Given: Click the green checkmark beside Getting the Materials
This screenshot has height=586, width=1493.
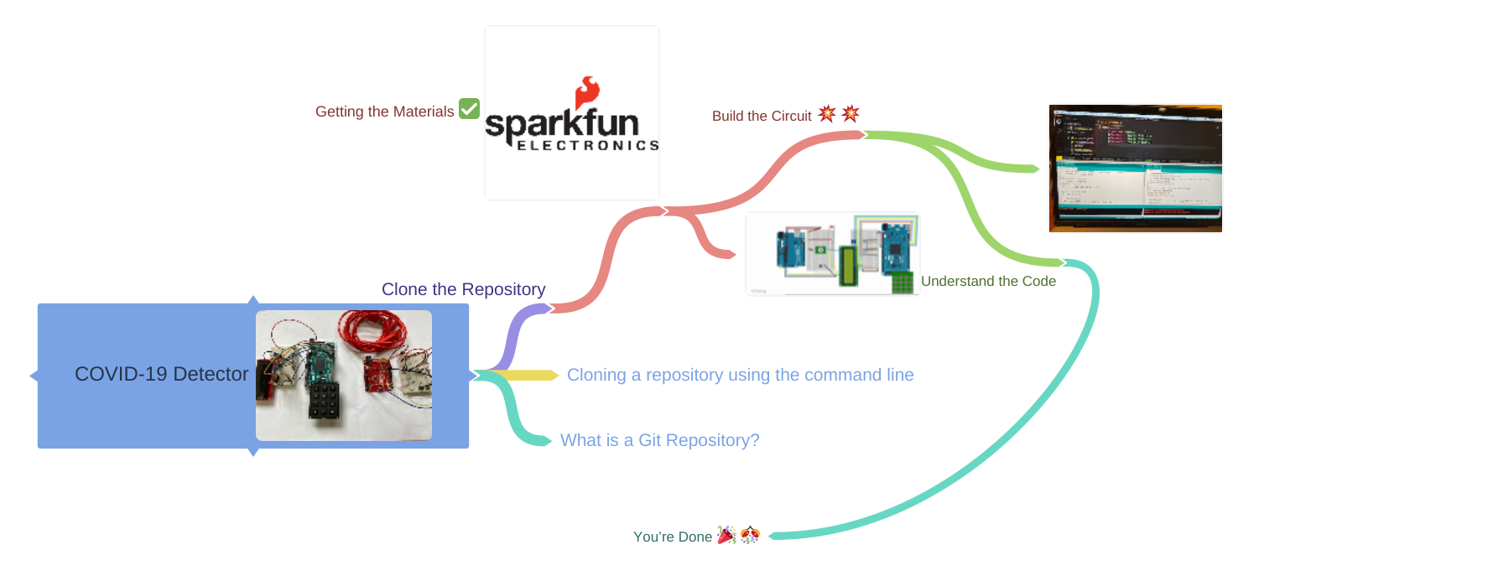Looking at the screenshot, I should [469, 109].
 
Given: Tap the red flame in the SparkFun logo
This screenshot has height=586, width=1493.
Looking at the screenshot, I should [587, 92].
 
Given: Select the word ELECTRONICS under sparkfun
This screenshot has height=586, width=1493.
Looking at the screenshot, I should [587, 146].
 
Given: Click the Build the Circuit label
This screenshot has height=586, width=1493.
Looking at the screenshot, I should [762, 117].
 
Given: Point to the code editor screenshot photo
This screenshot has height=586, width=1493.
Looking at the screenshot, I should [1135, 168].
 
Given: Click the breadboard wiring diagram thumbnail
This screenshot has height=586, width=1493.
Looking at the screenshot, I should [832, 253].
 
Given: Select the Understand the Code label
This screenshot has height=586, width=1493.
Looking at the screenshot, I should [988, 282].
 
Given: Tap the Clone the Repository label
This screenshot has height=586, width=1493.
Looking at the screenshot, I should [463, 289].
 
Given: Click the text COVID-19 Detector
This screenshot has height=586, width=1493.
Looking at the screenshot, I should [161, 374].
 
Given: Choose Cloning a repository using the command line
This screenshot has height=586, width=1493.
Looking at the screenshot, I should [740, 375].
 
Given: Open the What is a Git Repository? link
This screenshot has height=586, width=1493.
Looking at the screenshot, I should [659, 440].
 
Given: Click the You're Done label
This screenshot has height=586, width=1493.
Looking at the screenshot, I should [672, 537].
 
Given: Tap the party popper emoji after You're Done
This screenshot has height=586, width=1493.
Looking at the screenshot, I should [726, 535].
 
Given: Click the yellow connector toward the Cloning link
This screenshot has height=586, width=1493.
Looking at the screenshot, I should [528, 375].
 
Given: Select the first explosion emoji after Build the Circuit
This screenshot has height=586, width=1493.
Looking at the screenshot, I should [827, 113].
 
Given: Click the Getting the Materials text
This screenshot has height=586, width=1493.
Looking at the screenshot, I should [384, 111].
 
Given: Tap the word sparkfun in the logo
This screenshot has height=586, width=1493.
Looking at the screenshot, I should [562, 124].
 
